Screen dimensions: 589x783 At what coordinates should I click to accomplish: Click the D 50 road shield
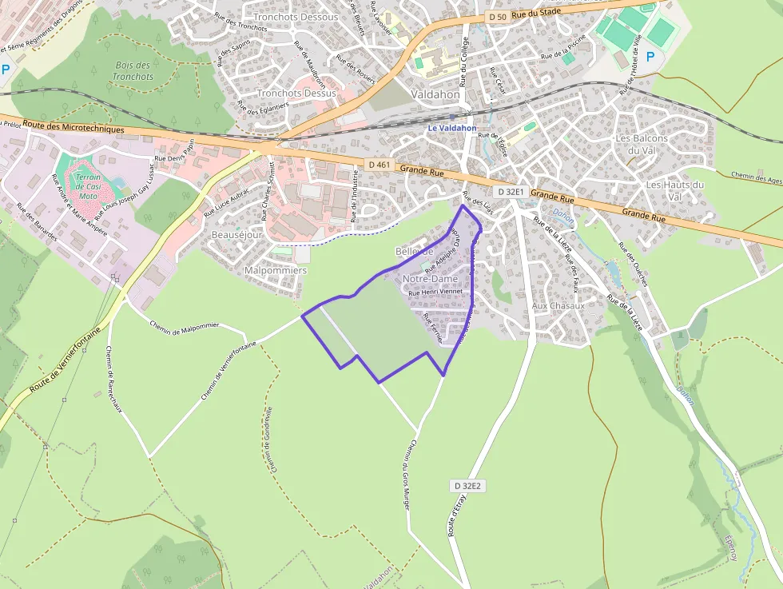coord(496,17)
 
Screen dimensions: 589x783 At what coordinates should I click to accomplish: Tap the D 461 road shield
coord(380,165)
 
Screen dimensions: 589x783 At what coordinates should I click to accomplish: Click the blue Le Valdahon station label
coord(452,128)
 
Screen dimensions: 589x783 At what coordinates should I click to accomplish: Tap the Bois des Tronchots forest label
coord(133,71)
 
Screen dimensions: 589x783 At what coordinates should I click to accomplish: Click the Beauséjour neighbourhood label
coord(237,235)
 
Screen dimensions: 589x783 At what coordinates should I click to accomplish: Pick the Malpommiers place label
coord(275,270)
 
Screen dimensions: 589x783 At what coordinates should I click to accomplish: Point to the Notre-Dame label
coord(431,278)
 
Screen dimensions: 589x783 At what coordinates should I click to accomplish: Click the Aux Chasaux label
coord(558,305)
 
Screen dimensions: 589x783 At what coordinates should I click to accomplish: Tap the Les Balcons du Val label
coord(641,144)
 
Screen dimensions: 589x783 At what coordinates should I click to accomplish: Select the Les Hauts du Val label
coord(675,190)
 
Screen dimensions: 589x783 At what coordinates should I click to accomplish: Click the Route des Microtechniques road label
coord(74,128)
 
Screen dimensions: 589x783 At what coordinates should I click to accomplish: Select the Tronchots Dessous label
coord(295,17)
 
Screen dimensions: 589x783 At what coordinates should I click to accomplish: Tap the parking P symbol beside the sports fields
coord(650,57)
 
